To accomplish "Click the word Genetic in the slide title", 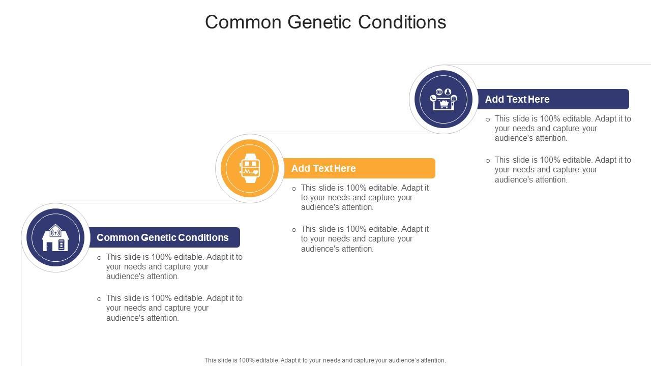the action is (319, 22).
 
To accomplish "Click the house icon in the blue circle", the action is (55, 237).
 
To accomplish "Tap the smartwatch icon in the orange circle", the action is (249, 168).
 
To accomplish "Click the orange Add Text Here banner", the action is (359, 168).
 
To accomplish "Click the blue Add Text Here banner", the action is (553, 99).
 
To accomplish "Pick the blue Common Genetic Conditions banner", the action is (164, 237).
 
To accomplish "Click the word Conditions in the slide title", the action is (402, 22).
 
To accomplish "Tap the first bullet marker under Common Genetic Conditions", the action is (99, 258).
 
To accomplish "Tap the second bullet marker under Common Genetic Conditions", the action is (99, 299).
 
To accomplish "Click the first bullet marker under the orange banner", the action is (294, 189).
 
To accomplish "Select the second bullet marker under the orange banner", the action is (294, 230).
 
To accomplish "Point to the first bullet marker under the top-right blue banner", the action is (488, 119).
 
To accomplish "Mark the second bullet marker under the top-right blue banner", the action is (488, 161).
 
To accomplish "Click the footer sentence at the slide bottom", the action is (325, 360).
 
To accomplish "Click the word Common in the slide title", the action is (243, 22).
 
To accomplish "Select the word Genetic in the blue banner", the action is (158, 237).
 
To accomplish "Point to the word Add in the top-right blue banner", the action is (494, 99).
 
